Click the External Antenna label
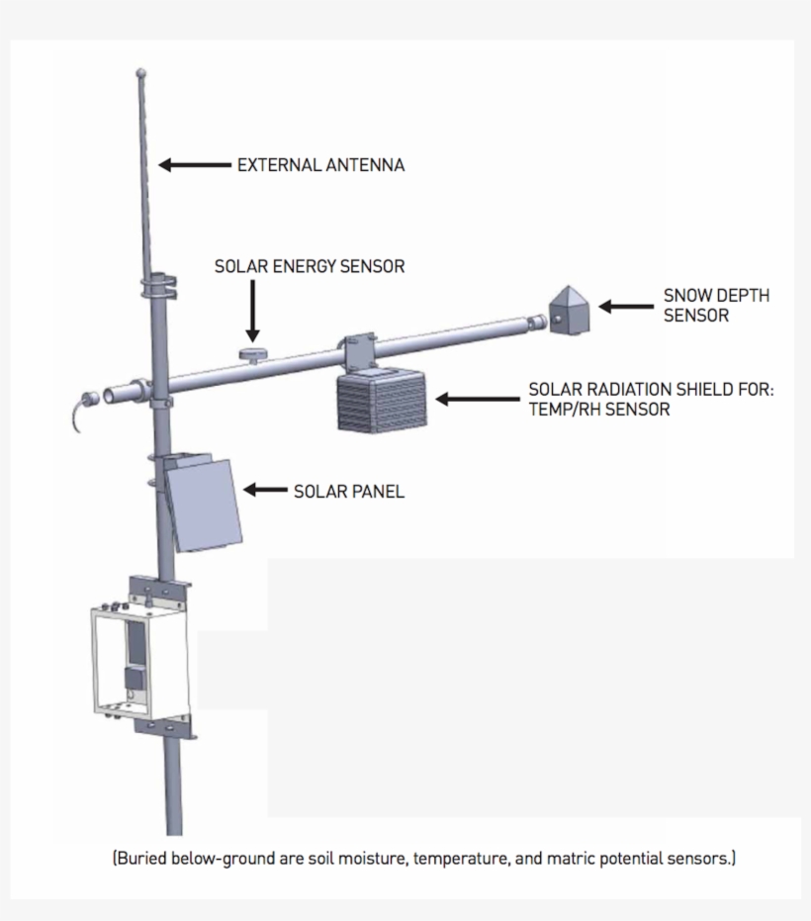click(320, 165)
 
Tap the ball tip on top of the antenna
click(141, 72)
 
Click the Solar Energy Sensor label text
click(310, 267)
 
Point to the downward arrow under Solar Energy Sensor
click(253, 312)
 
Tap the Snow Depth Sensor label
click(715, 305)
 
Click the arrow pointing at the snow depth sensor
click(626, 307)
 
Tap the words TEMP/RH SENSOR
click(599, 409)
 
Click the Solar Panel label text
click(349, 491)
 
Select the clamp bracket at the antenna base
click(159, 288)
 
